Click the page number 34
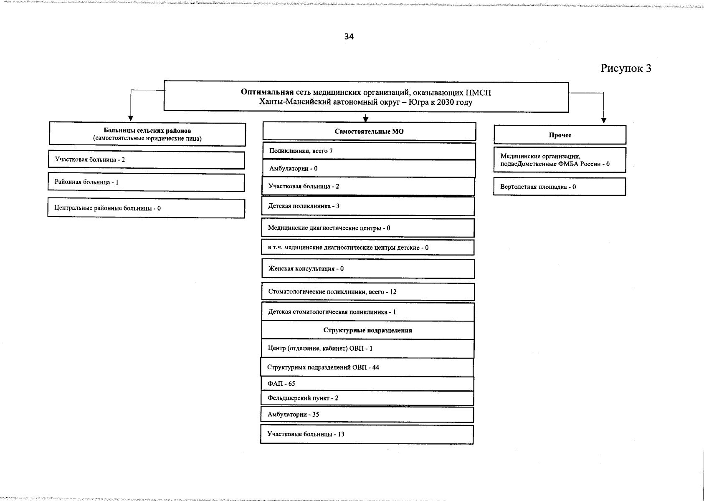349,37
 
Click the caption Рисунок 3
625,68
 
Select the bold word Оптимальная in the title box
267,92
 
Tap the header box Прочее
560,135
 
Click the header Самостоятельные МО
369,132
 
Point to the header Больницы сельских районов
147,131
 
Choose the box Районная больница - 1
146,182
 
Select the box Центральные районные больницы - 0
146,208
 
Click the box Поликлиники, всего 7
369,151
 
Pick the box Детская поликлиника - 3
368,206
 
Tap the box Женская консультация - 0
368,269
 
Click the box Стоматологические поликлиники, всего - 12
368,292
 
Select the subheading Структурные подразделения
367,330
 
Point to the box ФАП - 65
367,384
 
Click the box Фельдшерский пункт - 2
367,398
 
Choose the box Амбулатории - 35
367,415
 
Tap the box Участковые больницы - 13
367,434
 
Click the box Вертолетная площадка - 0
560,187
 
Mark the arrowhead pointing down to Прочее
603,120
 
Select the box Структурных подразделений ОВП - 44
367,367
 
